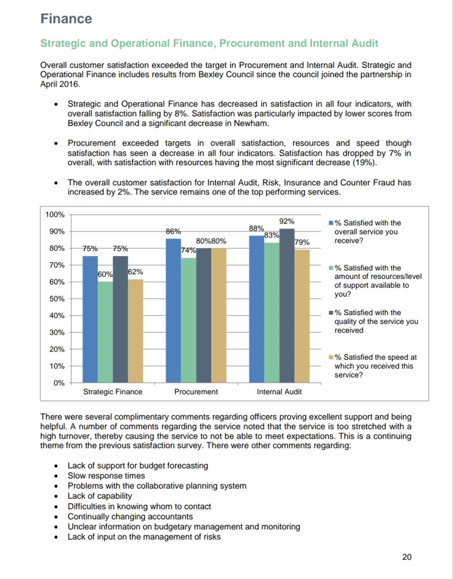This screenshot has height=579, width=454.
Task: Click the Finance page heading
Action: coord(66,19)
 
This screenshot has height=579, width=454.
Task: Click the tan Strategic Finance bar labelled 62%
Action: coord(135,331)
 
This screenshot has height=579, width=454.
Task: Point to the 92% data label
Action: coord(287,221)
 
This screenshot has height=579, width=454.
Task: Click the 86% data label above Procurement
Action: coord(173,231)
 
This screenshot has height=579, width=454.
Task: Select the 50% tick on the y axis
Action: coord(57,299)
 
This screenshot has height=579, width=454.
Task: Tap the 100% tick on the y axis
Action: coord(55,215)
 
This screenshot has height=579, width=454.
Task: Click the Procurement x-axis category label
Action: coord(196,392)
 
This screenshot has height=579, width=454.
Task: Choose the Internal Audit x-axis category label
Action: coord(279,392)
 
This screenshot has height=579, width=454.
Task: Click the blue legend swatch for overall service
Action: coord(331,223)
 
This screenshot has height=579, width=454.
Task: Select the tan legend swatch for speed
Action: coord(331,357)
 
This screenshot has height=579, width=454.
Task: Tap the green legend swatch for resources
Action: coord(331,268)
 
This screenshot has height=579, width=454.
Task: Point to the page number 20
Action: coord(407,557)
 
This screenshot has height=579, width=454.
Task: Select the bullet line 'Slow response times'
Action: coord(106,476)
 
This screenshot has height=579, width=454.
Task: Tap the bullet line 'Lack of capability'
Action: coord(100,496)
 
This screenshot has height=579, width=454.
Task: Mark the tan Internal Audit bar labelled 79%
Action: coord(302,316)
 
